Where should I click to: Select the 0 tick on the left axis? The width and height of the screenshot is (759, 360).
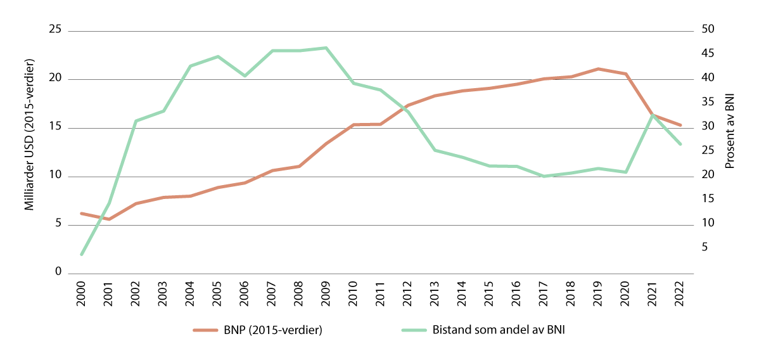pos(58,273)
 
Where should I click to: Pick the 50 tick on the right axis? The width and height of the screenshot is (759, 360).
pos(708,30)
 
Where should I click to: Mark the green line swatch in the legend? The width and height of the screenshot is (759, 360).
pos(414,330)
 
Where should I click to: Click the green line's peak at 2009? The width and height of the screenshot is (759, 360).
pos(326,48)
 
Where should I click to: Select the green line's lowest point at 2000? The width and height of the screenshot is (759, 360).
pos(81,255)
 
